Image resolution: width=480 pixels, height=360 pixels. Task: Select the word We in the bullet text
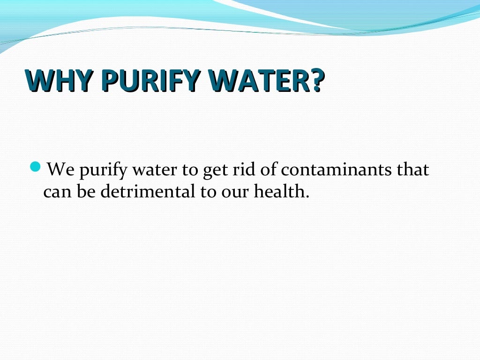click(x=60, y=170)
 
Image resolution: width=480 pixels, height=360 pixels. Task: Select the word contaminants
click(x=336, y=170)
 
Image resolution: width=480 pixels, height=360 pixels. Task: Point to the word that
click(x=412, y=169)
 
